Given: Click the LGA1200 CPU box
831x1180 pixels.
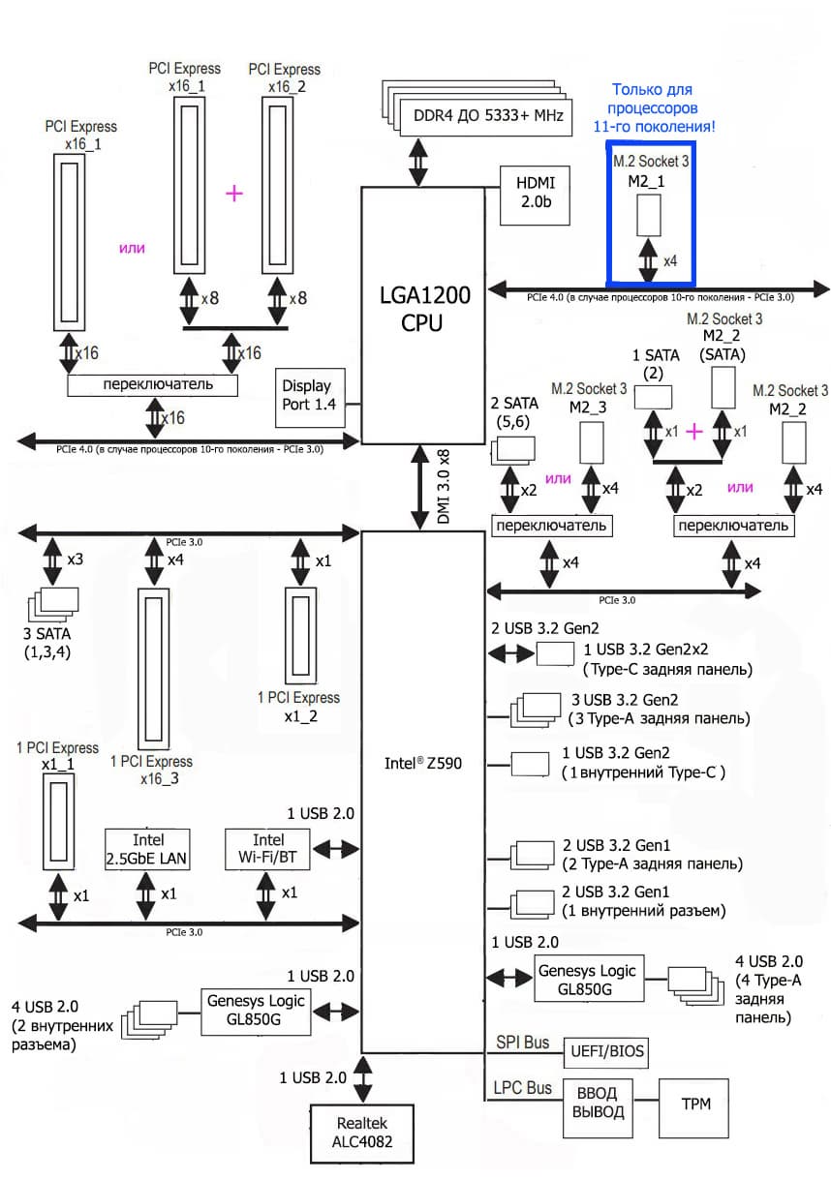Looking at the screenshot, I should coord(421,310).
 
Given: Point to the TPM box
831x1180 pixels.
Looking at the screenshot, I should coord(692,1104).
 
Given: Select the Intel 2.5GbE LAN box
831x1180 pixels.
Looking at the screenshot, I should coord(147,849).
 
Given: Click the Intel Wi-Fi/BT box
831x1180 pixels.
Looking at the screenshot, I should coord(267,849).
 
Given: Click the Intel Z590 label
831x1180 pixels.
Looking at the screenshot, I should coord(423,763).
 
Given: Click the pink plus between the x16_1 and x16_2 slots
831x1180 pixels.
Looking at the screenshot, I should coord(233,194).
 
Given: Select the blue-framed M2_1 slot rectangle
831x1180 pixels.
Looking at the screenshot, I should coord(648,214).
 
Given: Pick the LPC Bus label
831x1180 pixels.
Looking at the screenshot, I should coord(524,1087).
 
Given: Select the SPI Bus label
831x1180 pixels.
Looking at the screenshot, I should coord(523,1043).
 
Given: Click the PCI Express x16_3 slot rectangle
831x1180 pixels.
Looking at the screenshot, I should coord(153,667).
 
